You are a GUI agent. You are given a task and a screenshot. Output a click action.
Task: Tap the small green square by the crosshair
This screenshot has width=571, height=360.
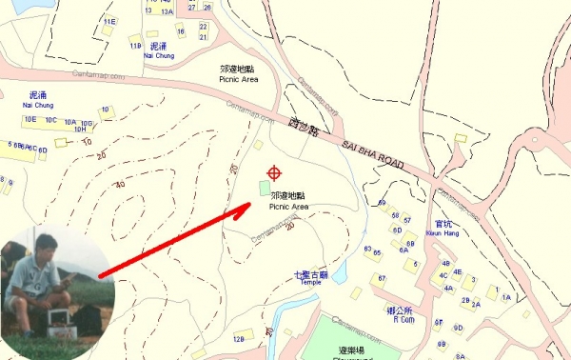pos(264,188)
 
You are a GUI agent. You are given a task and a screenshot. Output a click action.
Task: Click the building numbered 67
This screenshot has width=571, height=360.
pos(382,278)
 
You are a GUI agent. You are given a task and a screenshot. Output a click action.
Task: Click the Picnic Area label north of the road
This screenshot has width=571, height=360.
pos(237,74)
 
